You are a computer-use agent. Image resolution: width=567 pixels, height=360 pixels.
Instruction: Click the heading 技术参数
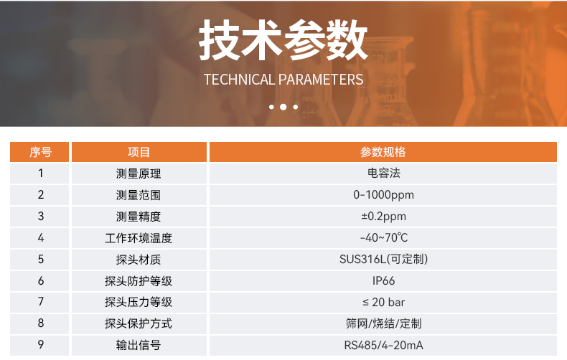(x=283, y=40)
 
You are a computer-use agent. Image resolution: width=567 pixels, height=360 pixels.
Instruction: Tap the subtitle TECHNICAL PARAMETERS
(x=283, y=79)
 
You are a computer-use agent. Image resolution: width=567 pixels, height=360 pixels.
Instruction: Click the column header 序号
(x=40, y=152)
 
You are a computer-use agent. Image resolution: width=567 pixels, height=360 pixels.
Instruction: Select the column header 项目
(x=139, y=152)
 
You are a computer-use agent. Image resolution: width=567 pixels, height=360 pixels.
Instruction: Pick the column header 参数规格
(x=383, y=152)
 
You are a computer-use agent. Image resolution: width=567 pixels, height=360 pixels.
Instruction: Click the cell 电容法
(x=383, y=173)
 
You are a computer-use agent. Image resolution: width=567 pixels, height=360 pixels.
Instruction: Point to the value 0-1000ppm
(x=383, y=194)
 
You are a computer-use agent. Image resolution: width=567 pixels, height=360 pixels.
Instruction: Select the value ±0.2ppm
(x=383, y=216)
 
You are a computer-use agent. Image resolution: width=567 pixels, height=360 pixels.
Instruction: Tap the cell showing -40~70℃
(x=383, y=237)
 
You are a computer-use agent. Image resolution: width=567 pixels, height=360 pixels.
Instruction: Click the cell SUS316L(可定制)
(x=383, y=259)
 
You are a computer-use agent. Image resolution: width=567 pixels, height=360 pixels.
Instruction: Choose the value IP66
(x=383, y=280)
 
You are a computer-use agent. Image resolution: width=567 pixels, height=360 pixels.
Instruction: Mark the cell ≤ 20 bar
(x=383, y=302)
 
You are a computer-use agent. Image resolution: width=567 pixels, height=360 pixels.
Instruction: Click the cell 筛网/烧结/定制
(x=383, y=323)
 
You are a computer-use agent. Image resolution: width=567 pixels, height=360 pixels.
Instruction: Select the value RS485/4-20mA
(x=383, y=345)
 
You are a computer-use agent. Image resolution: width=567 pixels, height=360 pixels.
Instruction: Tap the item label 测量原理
(x=139, y=173)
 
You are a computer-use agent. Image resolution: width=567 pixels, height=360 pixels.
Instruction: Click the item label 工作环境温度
(x=139, y=237)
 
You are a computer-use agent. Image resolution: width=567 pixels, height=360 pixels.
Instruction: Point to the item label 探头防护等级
(x=139, y=280)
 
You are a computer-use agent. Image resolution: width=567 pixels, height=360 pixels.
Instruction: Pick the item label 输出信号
(x=139, y=345)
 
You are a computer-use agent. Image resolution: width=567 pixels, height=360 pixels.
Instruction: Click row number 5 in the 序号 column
(x=41, y=259)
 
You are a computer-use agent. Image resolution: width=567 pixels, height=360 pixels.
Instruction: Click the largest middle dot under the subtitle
(x=283, y=107)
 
